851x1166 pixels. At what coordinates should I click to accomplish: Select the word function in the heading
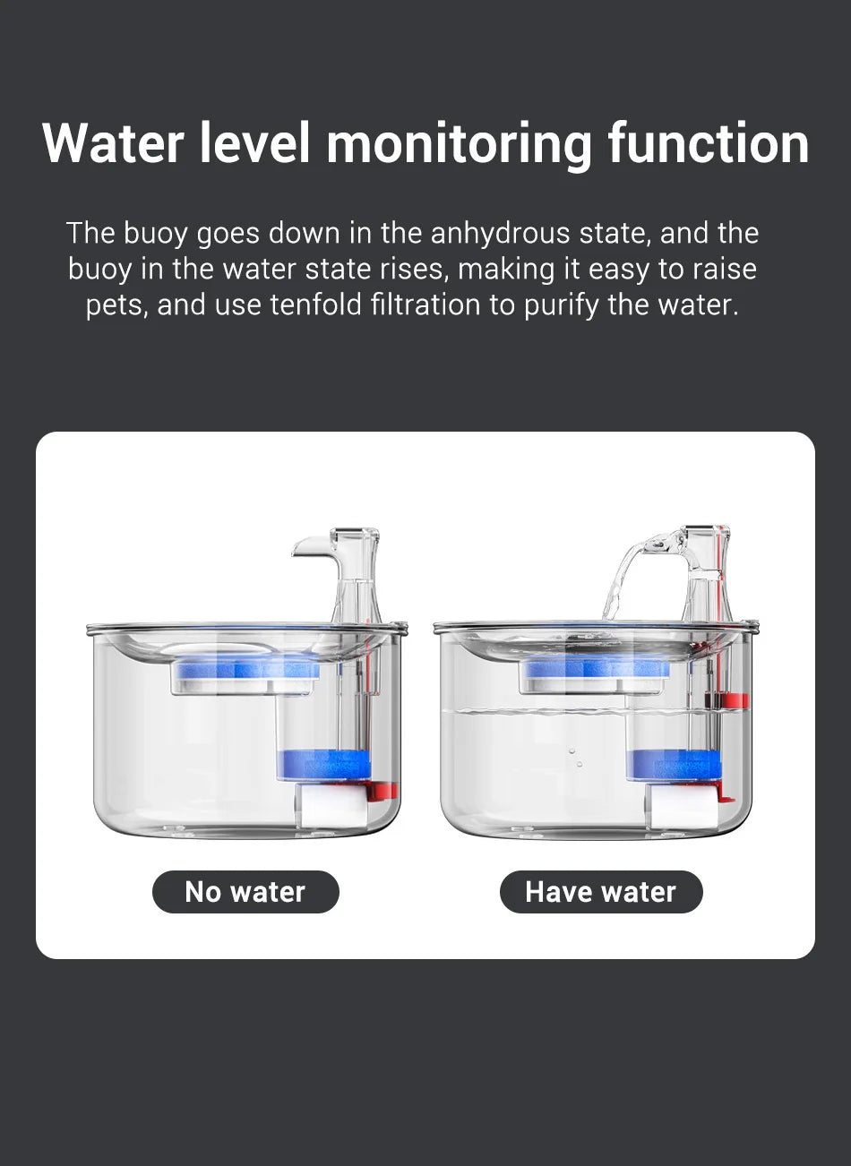[708, 143]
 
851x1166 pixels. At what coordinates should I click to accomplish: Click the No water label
[245, 892]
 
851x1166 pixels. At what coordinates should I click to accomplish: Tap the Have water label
[601, 892]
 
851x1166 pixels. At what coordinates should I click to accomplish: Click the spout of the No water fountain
[309, 545]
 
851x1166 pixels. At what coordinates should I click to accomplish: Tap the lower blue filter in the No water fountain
[324, 764]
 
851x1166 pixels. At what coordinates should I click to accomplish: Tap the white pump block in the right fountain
[685, 809]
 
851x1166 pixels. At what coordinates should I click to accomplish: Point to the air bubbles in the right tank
[576, 758]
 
